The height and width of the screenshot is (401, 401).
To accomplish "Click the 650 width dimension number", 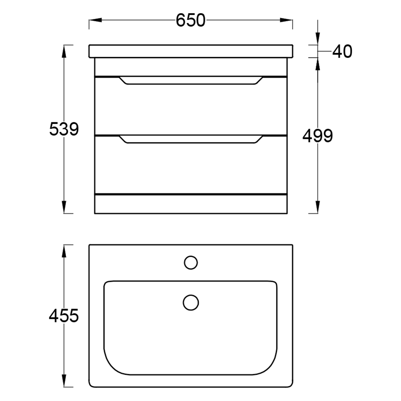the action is [190, 20].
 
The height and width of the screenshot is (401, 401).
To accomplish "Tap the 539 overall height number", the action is [64, 129].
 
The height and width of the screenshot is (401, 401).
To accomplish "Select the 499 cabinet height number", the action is [318, 136].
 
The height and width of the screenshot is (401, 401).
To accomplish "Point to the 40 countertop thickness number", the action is [342, 51].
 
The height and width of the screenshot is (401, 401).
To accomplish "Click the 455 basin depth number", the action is [64, 316].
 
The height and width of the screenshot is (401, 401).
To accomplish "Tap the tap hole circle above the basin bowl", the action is [191, 263].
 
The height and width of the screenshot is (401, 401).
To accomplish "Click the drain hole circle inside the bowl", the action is [191, 302].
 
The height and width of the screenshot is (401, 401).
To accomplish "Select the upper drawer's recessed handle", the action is [191, 80].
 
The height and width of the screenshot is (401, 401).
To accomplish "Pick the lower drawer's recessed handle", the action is [191, 139].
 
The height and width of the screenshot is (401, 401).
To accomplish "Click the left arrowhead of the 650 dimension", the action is [95, 20].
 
